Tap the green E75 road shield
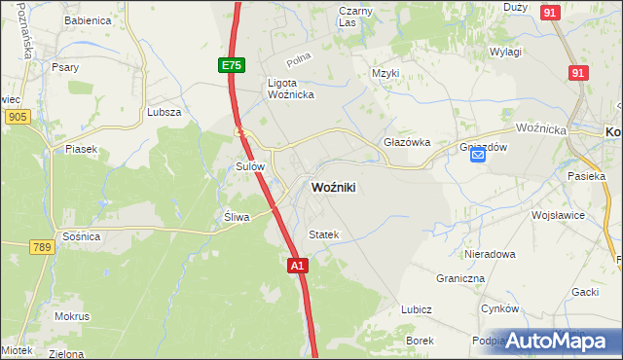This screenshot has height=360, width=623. (x=231, y=65)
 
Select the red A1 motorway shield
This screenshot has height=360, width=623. (x=298, y=264)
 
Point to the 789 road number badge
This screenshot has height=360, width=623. (x=40, y=248)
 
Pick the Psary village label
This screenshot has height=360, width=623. (x=66, y=67)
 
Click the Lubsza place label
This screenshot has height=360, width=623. (x=165, y=112)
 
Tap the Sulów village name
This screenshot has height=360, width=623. (x=251, y=166)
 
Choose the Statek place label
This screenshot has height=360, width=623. (x=323, y=234)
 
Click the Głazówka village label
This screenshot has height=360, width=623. (x=407, y=141)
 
